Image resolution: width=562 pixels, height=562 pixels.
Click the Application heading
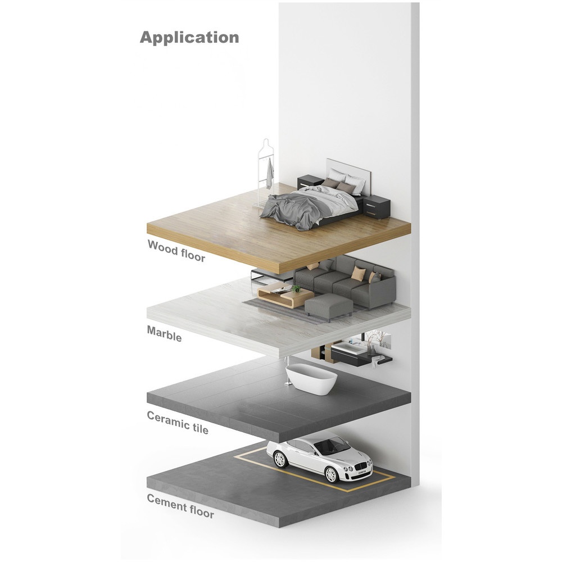coord(189,38)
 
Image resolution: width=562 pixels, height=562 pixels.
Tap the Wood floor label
coord(176,251)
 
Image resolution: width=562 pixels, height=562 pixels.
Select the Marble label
coord(164,334)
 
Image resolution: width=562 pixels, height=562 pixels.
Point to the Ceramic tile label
coord(178,423)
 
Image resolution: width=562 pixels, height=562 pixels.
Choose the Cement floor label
coord(180,506)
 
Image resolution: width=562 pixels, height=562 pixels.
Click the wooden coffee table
coord(285,295)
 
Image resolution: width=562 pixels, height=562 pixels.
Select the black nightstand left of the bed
coord(310,182)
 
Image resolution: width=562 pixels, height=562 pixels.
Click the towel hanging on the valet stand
coord(270,174)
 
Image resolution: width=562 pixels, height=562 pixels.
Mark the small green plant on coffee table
coord(296,288)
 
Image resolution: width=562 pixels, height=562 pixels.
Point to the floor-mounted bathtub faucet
coord(287,371)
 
